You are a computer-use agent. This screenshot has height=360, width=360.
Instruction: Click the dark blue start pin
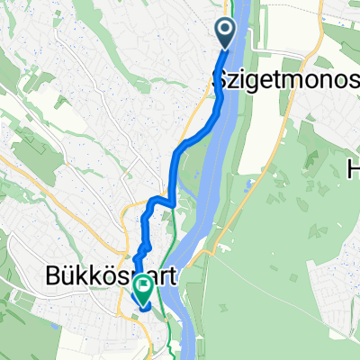point(225,35)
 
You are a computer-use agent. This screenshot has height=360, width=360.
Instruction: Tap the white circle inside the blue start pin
point(225,30)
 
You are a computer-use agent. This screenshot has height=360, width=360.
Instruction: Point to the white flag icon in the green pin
point(142,285)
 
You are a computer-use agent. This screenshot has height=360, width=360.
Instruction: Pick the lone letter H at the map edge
point(353,166)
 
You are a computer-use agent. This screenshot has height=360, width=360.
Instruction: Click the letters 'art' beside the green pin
point(167,274)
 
